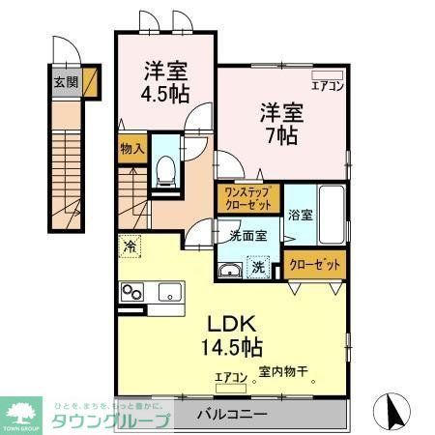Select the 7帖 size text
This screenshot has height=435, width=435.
tap(280, 134)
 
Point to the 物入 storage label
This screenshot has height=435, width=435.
tap(131, 150)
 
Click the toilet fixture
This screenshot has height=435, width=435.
tap(165, 172)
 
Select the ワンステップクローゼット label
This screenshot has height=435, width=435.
tap(246, 198)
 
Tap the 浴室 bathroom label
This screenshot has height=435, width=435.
tap(299, 215)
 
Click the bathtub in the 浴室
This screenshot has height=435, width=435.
tap(331, 216)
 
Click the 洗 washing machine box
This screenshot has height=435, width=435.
tap(258, 267)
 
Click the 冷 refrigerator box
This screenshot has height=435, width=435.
tap(129, 247)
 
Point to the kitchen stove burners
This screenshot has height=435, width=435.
tap(131, 292)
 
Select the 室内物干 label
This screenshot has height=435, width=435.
tap(281, 373)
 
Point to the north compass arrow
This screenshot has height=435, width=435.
tap(395, 411)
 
